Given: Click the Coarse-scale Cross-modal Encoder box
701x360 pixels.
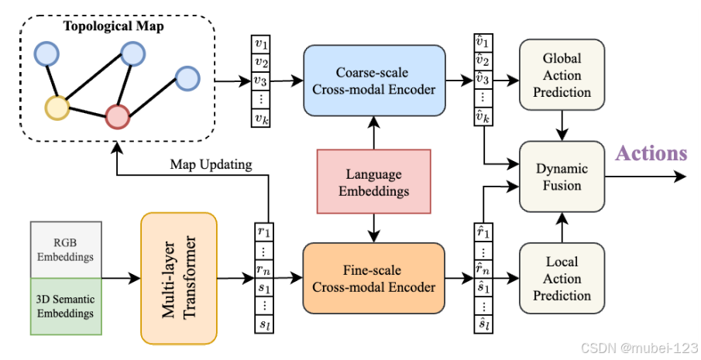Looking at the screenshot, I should [375, 79].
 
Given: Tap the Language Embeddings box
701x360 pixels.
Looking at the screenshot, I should [374, 181].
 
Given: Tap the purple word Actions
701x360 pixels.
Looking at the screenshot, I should [651, 153].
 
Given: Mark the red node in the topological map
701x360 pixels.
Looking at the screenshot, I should [117, 116].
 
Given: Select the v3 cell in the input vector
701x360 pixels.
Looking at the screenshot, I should [262, 80].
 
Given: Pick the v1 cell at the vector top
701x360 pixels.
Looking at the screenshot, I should [262, 44].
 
